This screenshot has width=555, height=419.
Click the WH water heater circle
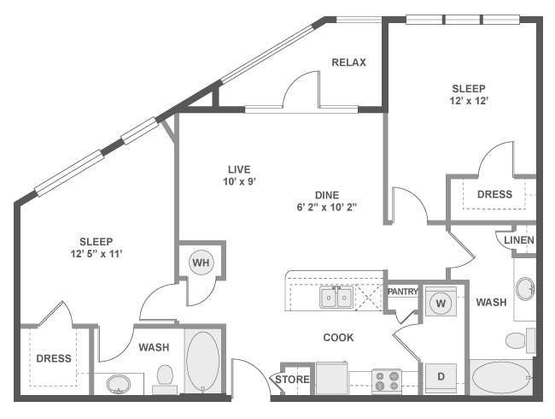[201, 263]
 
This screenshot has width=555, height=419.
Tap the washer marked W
[441, 303]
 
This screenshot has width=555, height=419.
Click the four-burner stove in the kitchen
[387, 381]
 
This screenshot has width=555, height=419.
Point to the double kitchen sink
[336, 297]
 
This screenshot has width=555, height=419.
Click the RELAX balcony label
[348, 62]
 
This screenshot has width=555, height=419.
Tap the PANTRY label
[403, 292]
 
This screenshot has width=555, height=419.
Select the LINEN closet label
[519, 240]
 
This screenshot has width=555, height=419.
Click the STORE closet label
[292, 380]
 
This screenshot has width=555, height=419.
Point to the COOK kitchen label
[338, 338]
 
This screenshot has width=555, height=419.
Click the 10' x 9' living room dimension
[239, 182]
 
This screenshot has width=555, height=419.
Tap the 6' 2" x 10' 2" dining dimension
[326, 208]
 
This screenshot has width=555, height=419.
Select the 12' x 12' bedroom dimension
[469, 101]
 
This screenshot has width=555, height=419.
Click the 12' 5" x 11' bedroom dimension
[96, 254]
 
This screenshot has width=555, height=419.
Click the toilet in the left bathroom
[165, 380]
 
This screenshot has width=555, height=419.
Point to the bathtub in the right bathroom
[501, 378]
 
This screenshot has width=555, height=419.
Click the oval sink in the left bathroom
[119, 384]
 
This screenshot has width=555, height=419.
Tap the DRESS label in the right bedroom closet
[494, 194]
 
